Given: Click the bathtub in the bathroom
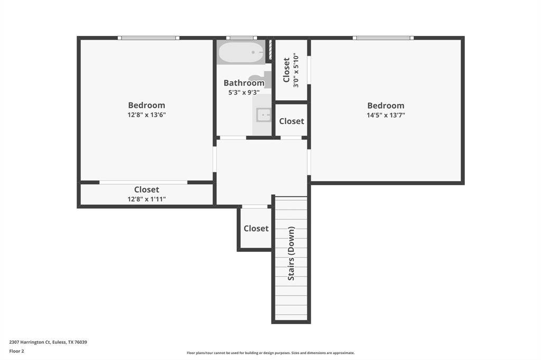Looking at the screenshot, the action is pyautogui.click(x=241, y=52).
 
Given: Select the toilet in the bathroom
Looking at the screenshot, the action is pyautogui.click(x=261, y=79).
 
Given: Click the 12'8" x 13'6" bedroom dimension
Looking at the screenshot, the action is pyautogui.click(x=147, y=115).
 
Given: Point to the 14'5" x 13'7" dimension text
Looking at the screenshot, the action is pyautogui.click(x=386, y=115).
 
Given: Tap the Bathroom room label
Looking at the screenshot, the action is pyautogui.click(x=244, y=83).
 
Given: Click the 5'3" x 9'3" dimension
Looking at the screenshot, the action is pyautogui.click(x=244, y=92).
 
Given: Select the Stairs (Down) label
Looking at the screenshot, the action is pyautogui.click(x=292, y=253).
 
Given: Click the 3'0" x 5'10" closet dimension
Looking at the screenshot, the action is pyautogui.click(x=296, y=70).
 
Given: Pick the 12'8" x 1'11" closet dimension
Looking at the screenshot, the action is pyautogui.click(x=147, y=199).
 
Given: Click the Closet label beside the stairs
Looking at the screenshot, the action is pyautogui.click(x=256, y=228).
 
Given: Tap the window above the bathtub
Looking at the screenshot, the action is pyautogui.click(x=241, y=37).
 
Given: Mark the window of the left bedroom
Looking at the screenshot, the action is pyautogui.click(x=148, y=37).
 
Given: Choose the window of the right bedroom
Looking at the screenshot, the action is pyautogui.click(x=384, y=37).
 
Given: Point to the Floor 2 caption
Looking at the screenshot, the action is pyautogui.click(x=16, y=351).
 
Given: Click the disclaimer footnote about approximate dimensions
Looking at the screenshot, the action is pyautogui.click(x=270, y=353).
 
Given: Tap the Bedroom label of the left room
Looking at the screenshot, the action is pyautogui.click(x=147, y=105).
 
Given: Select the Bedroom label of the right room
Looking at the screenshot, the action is pyautogui.click(x=386, y=106).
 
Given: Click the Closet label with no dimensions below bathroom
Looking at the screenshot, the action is pyautogui.click(x=292, y=121).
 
